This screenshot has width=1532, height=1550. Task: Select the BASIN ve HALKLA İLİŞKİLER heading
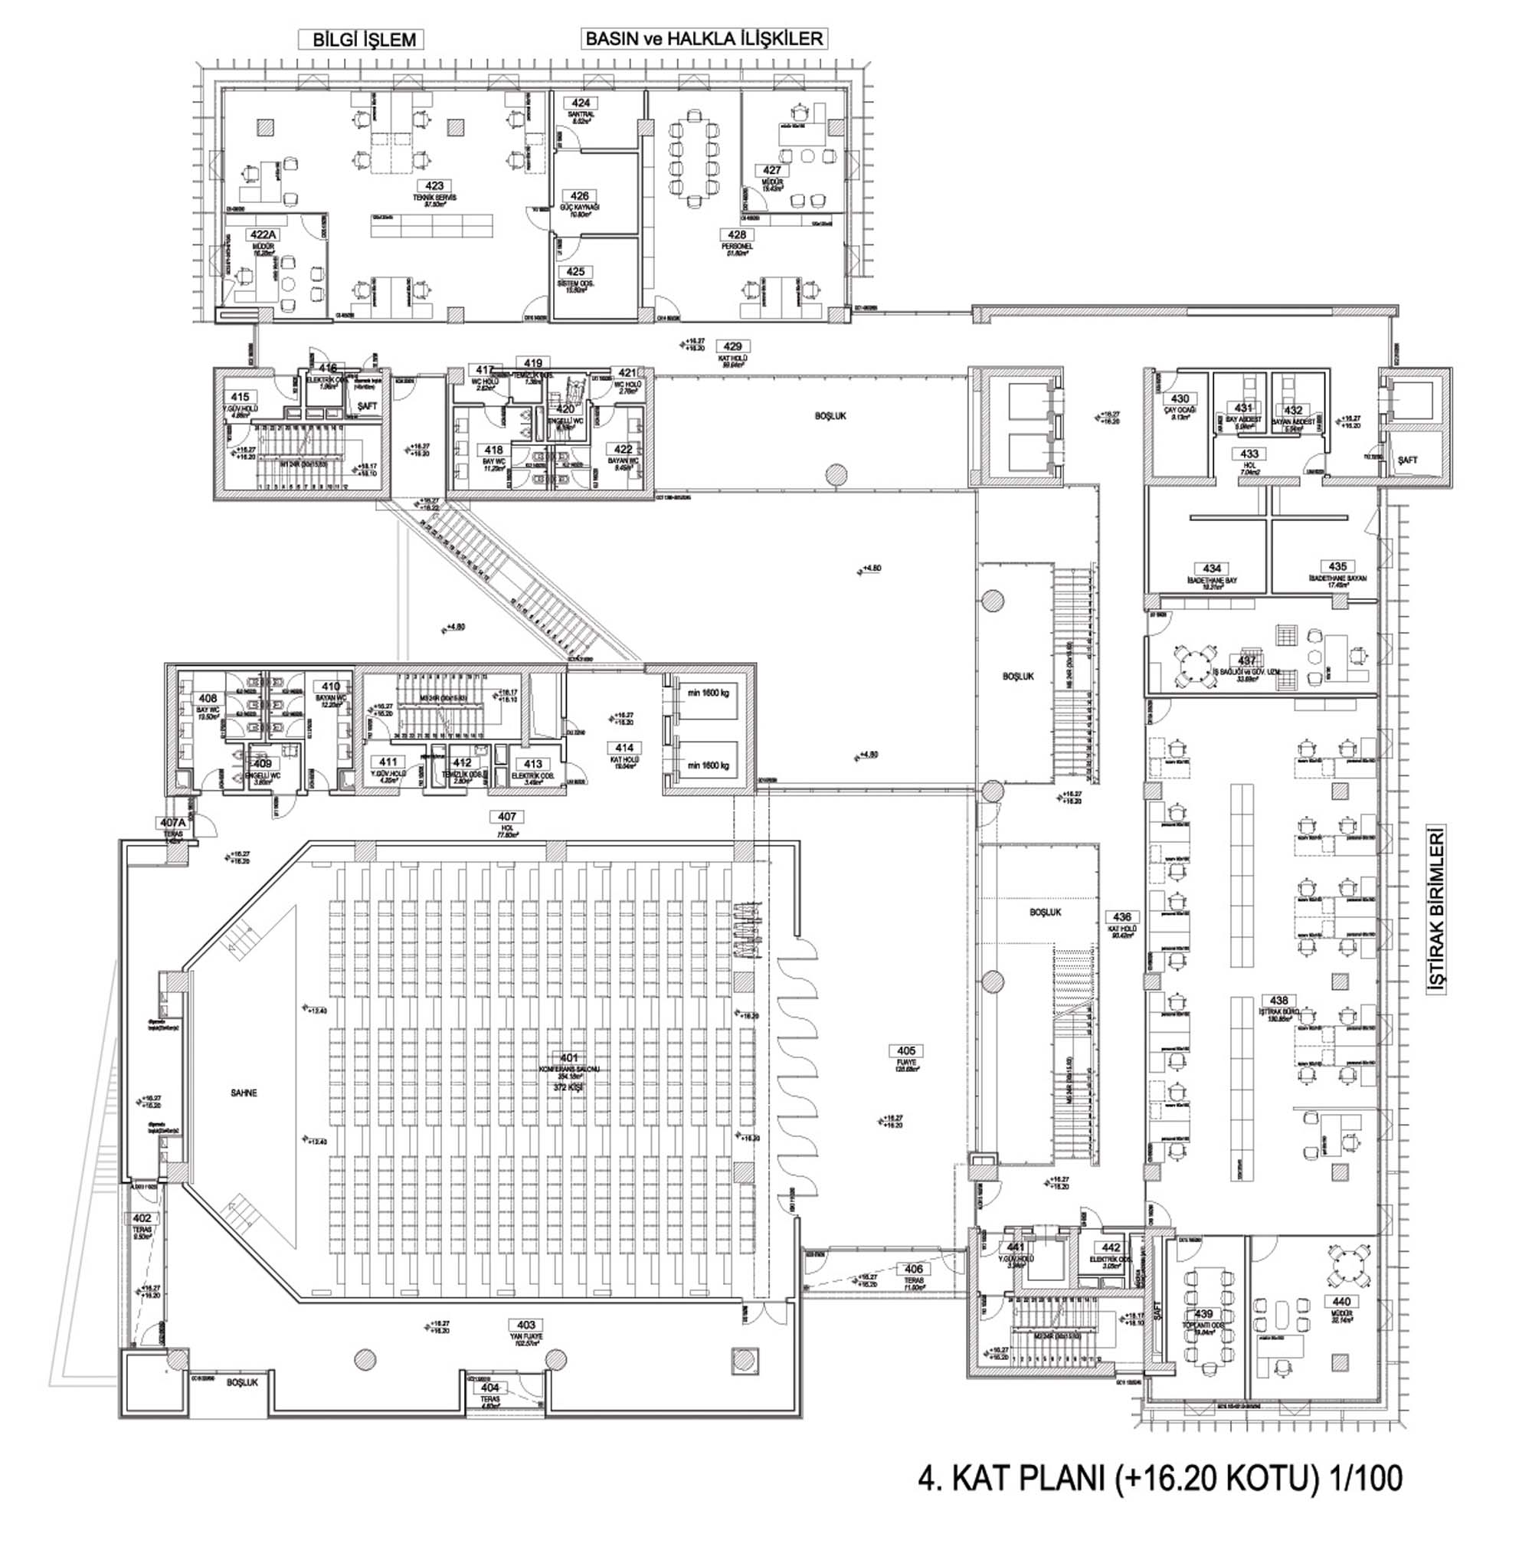pos(705,38)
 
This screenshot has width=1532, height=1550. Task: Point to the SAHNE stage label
pos(243,1093)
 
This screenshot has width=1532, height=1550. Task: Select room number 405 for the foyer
pos(905,1051)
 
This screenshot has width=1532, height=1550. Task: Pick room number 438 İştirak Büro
pos(1279,1001)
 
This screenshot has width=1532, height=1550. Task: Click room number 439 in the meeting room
pos(1204,1314)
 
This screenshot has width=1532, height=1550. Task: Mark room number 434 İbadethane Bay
pos(1211,569)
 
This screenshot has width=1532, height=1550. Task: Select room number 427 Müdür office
pos(771,170)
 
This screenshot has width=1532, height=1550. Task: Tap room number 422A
pos(264,234)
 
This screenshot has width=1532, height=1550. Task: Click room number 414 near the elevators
pos(624,748)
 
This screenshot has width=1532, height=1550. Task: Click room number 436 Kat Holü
pos(1122,917)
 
